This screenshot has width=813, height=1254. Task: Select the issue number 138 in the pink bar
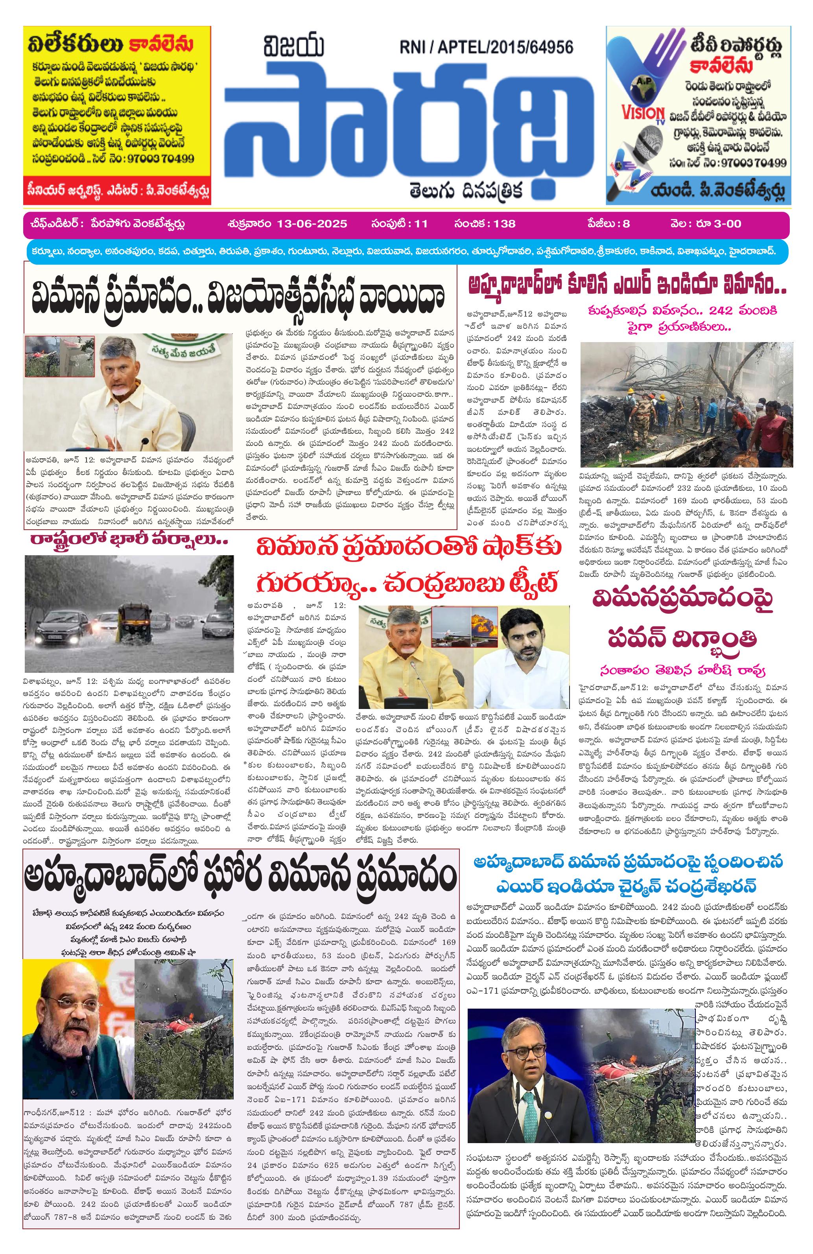click(504, 223)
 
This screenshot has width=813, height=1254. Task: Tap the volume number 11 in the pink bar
click(421, 223)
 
